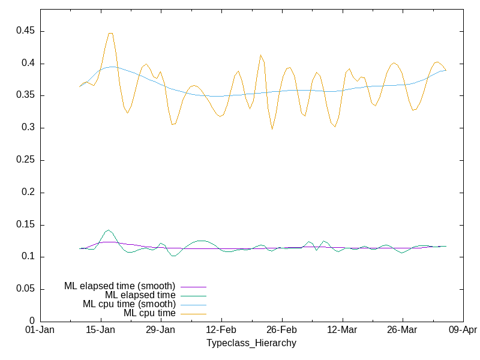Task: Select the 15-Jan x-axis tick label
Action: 100,331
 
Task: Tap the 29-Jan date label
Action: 160,331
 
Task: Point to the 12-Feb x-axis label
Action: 221,331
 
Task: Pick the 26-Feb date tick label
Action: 281,331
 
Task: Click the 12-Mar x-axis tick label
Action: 342,331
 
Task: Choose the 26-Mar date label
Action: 402,331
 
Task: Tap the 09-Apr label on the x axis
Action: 463,331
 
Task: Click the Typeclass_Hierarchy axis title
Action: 251,343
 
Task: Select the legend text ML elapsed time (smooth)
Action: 119,286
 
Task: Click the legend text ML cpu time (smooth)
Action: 129,304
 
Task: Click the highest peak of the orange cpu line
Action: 110,33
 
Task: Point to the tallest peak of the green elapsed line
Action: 109,230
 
